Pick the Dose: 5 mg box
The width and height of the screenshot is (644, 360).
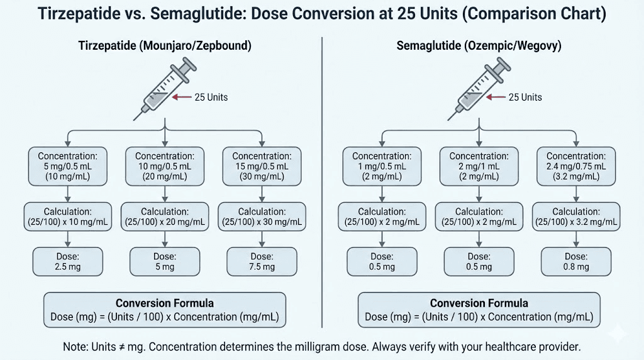click(164, 261)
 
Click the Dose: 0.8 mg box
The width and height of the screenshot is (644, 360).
click(576, 261)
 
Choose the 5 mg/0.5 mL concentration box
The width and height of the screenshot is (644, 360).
click(68, 166)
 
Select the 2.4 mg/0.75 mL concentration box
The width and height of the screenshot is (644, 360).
click(576, 166)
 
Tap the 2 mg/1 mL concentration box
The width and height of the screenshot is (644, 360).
click(479, 166)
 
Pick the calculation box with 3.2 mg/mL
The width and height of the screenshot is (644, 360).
click(576, 217)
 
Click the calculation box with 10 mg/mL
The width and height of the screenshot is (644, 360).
click(68, 217)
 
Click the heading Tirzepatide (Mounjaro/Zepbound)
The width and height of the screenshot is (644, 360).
click(164, 45)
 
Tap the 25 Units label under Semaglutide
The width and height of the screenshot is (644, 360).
click(525, 98)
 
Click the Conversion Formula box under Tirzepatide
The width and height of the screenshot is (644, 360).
click(164, 310)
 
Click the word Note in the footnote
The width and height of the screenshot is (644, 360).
click(74, 347)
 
